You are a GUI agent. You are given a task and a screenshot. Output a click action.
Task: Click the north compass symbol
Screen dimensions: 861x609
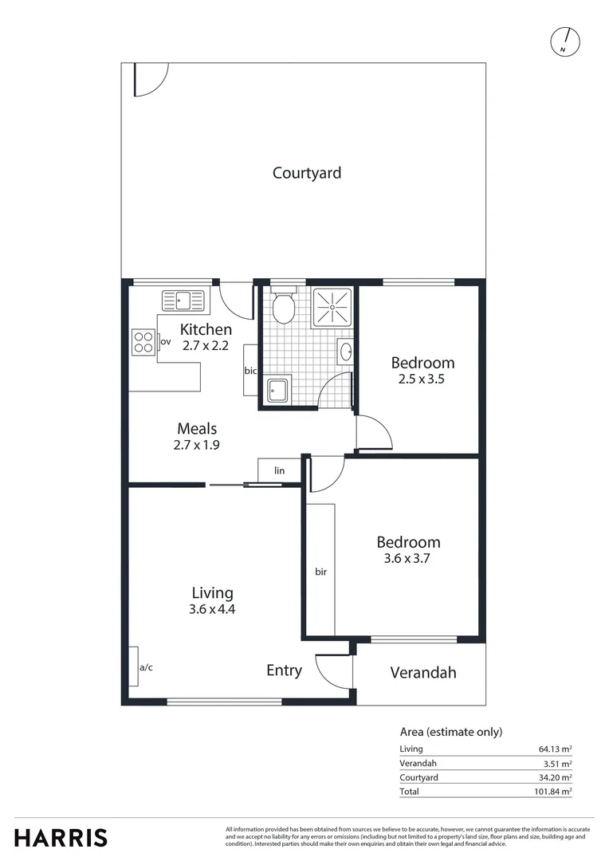pyautogui.click(x=566, y=41)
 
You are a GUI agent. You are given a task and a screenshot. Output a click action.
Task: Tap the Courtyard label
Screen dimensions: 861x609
pyautogui.click(x=306, y=173)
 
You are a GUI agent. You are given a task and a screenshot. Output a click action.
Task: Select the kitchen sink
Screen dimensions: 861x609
pyautogui.click(x=183, y=301)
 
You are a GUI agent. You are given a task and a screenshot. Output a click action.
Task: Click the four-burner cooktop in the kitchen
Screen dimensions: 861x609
pyautogui.click(x=143, y=342)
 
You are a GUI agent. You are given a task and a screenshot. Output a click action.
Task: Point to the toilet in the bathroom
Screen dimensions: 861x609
pyautogui.click(x=283, y=306)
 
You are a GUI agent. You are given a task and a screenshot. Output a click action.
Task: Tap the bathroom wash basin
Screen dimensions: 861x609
pyautogui.click(x=345, y=351)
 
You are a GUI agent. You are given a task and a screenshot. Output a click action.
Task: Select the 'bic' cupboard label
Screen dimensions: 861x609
pyautogui.click(x=250, y=371)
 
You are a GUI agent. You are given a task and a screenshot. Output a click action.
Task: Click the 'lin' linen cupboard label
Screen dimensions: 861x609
pyautogui.click(x=279, y=471)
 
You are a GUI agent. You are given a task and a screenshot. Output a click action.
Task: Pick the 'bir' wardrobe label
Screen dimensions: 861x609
pyautogui.click(x=320, y=572)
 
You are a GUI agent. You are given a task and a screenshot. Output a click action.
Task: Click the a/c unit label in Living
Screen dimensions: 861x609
pyautogui.click(x=146, y=667)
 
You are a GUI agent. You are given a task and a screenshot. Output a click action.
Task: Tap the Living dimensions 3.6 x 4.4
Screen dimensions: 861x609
pyautogui.click(x=212, y=610)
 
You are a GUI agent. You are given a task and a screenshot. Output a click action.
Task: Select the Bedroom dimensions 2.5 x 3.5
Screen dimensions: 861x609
pyautogui.click(x=422, y=379)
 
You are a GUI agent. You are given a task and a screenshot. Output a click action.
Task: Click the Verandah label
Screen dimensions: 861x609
pyautogui.click(x=422, y=673)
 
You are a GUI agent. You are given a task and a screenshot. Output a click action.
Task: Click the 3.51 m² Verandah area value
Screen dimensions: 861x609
pyautogui.click(x=557, y=763)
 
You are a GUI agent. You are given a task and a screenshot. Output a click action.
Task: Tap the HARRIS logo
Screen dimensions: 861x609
pyautogui.click(x=61, y=838)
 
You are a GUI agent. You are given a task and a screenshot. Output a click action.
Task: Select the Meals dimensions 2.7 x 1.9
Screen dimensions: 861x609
pyautogui.click(x=196, y=445)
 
